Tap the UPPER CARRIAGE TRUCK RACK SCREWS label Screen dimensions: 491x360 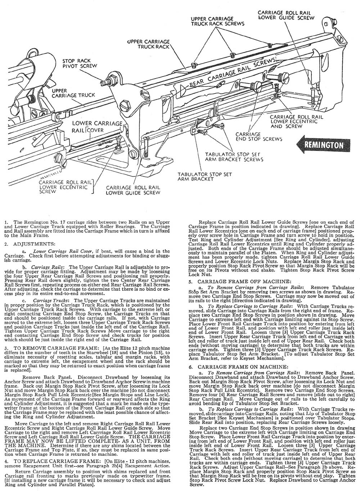coord(212,22)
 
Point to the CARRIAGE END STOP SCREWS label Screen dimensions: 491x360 coord(259,136)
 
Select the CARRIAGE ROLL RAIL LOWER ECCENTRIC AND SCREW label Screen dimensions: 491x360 coord(293,122)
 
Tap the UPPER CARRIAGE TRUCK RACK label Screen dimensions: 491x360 coord(149,44)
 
